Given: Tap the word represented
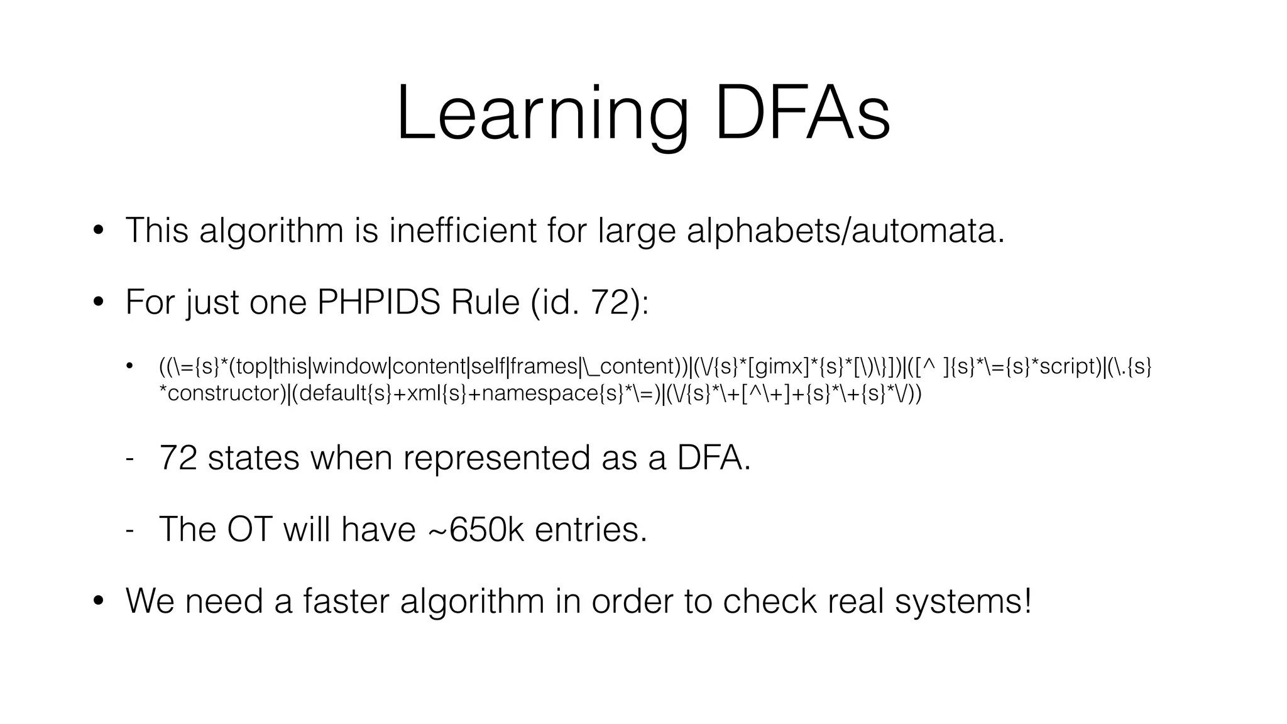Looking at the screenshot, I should [496, 458].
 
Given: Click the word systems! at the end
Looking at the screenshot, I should [963, 600].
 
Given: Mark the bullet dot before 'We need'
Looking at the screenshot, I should [98, 601].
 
